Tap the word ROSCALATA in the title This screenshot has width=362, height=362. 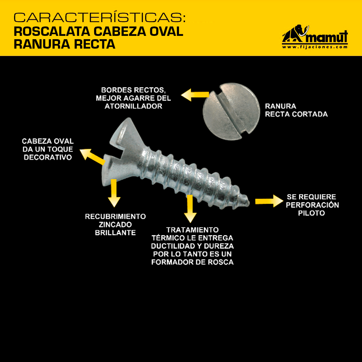pos(52,32)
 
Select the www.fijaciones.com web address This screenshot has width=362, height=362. pos(315,47)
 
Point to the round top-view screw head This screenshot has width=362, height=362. pos(231,112)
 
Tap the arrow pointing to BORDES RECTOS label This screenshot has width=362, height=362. pos(195,95)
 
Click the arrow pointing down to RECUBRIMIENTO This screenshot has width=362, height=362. pos(114,193)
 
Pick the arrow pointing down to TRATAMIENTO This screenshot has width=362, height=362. pos(190,209)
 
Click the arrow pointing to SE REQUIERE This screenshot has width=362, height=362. pos(269,201)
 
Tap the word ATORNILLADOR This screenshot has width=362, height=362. pos(133,106)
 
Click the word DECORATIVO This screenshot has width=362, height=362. pos(48,158)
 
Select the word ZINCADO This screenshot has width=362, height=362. pos(115,224)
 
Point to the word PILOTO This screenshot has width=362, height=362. pos(311,213)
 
